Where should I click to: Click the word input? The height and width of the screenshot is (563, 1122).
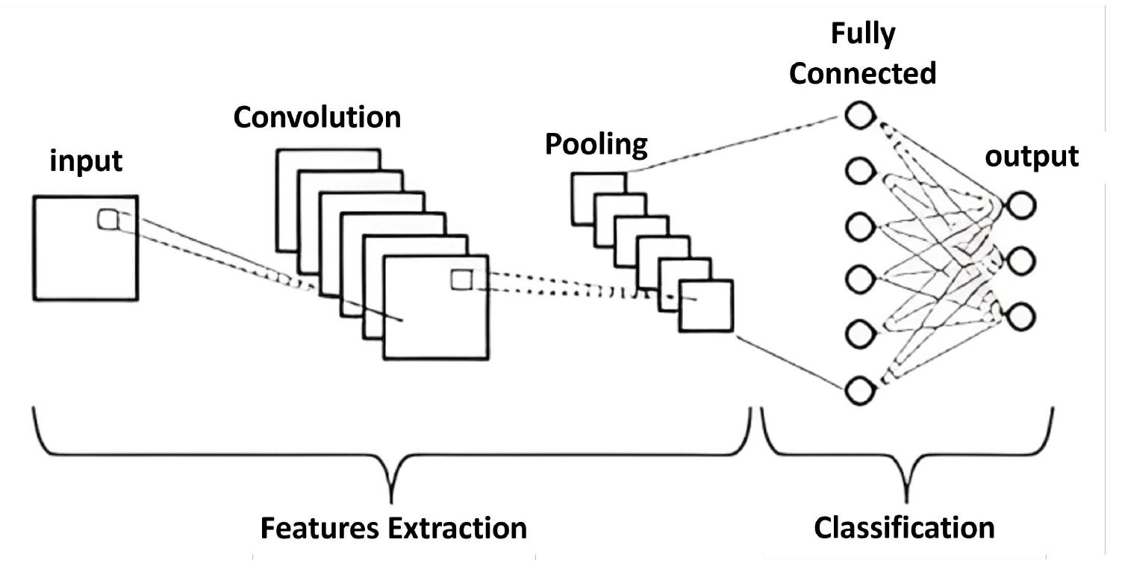(86, 161)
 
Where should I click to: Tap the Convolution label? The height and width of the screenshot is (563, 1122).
(317, 117)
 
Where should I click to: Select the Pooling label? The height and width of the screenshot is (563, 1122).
(596, 143)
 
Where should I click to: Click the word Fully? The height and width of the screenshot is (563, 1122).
(862, 34)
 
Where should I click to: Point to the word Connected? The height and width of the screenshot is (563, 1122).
(862, 73)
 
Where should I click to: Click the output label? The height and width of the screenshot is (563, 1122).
(1032, 157)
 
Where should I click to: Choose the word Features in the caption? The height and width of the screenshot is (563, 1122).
(320, 527)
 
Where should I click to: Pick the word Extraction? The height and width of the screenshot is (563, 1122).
(457, 527)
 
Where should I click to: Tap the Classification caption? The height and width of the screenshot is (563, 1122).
(904, 527)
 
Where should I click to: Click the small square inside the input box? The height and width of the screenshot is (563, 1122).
(107, 220)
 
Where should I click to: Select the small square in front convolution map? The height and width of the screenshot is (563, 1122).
(461, 280)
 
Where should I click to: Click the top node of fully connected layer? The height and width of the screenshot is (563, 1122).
(859, 116)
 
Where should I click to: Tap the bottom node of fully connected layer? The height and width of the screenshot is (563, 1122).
(859, 390)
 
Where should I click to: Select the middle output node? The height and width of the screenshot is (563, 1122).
(1020, 261)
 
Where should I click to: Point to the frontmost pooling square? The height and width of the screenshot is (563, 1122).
(705, 305)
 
